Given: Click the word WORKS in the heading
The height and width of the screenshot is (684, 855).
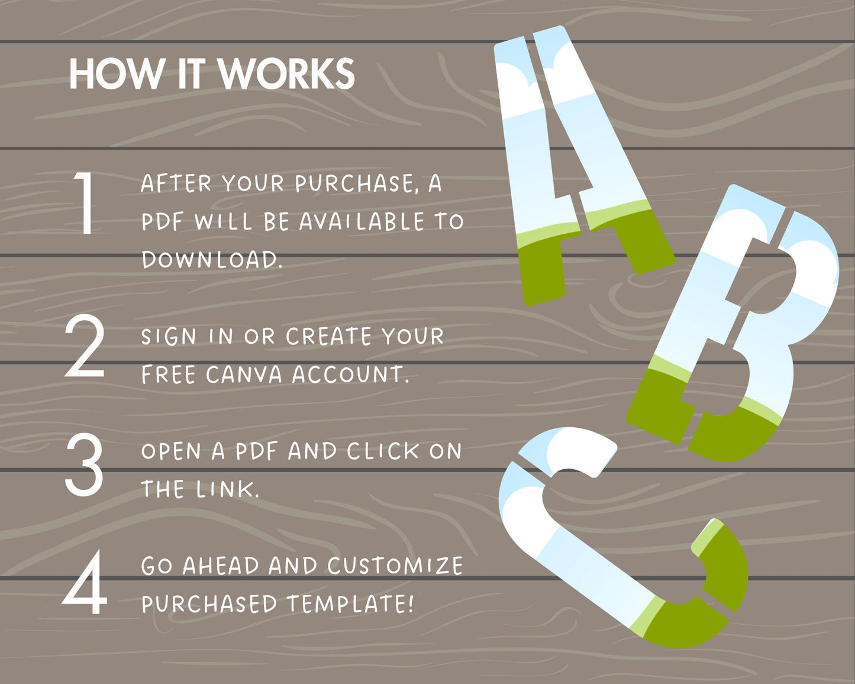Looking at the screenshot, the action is pyautogui.click(x=286, y=74).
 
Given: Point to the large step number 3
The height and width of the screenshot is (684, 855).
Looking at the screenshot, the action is pyautogui.click(x=84, y=465).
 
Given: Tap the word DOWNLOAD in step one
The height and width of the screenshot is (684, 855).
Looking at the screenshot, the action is pyautogui.click(x=211, y=260).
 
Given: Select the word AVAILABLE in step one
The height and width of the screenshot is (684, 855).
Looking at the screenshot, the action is pyautogui.click(x=362, y=222).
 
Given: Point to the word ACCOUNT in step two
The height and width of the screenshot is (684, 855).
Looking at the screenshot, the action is pyautogui.click(x=350, y=375).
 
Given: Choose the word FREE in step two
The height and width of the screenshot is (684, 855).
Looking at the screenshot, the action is pyautogui.click(x=169, y=375).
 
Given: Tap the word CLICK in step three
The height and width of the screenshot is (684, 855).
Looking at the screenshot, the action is pyautogui.click(x=383, y=451).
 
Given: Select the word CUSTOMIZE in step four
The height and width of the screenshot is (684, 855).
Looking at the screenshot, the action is pyautogui.click(x=395, y=566).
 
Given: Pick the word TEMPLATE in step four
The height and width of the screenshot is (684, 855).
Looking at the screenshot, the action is pyautogui.click(x=350, y=604).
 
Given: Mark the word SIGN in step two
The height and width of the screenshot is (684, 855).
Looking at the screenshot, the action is pyautogui.click(x=169, y=336).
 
